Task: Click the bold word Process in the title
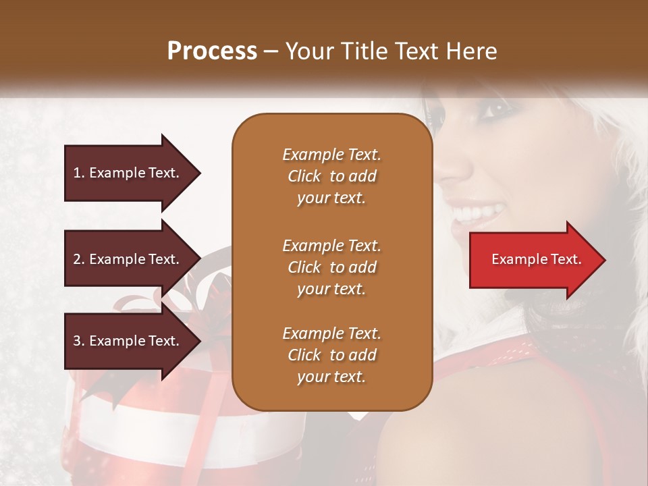[x=212, y=51]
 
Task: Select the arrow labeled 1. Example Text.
[x=128, y=173]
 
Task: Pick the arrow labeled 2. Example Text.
[x=128, y=259]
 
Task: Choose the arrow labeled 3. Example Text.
[x=128, y=341]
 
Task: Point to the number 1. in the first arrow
[x=79, y=173]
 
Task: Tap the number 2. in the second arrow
[x=79, y=259]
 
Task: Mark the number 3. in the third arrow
[x=79, y=341]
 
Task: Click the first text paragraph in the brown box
[x=331, y=176]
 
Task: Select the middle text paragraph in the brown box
[x=331, y=267]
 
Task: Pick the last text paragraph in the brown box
[x=331, y=355]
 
